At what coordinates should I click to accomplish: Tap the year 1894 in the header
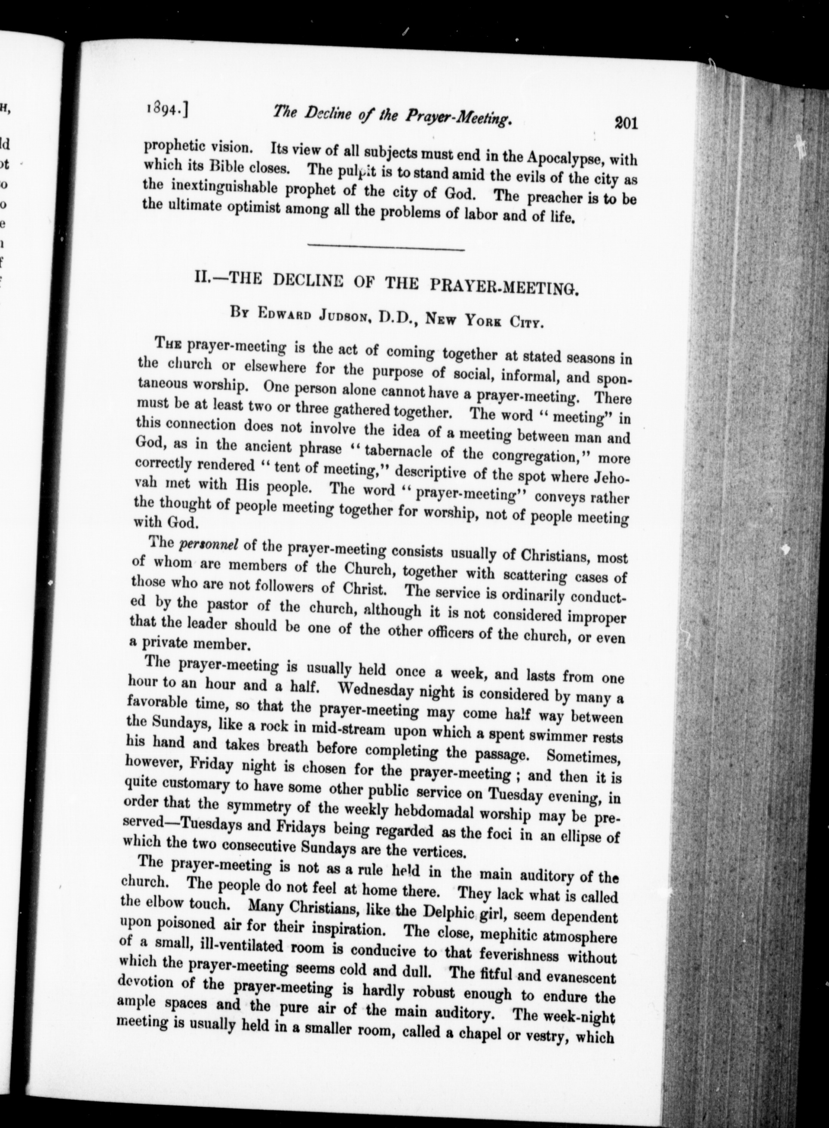coord(160,108)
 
